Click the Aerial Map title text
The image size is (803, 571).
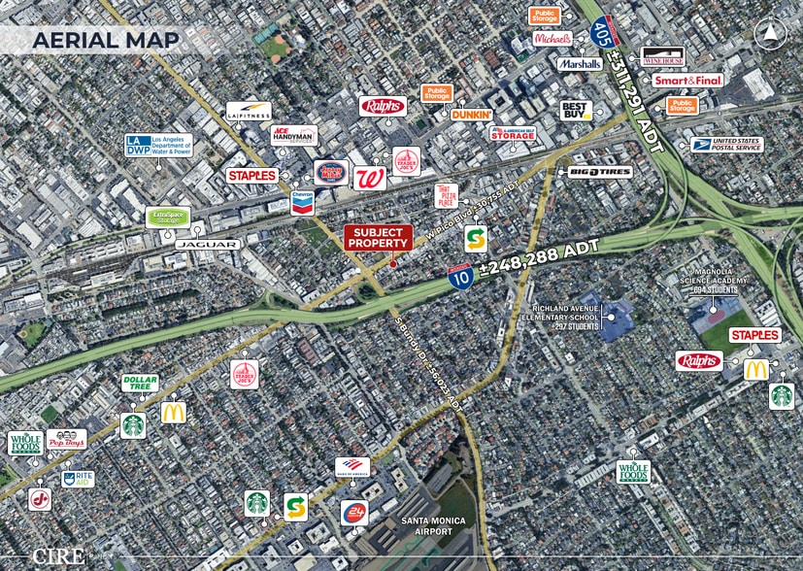click(x=106, y=40)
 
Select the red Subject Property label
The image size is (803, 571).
click(x=379, y=238)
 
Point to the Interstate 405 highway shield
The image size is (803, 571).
click(x=601, y=33)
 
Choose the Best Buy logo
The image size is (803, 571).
click(x=576, y=110)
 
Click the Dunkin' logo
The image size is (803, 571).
click(x=472, y=114)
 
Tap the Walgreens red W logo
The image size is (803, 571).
click(x=369, y=179)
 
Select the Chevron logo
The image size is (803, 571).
click(x=303, y=201)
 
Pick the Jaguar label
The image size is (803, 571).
click(x=208, y=244)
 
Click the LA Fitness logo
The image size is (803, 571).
click(x=249, y=113)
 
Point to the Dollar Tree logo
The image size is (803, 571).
click(x=140, y=384)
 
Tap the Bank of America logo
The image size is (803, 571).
click(x=352, y=466)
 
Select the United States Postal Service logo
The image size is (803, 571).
click(x=726, y=144)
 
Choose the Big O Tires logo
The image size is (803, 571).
click(x=600, y=172)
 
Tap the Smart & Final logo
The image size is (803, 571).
click(x=687, y=81)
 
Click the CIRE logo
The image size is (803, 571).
click(x=58, y=555)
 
